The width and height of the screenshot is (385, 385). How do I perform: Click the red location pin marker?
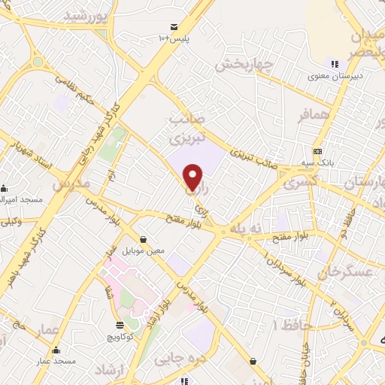click(x=193, y=178)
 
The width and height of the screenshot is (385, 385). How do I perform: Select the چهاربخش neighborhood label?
click(x=242, y=65)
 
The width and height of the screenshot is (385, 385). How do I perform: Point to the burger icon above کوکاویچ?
click(x=120, y=325)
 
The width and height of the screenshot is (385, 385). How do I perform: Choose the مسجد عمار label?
click(x=56, y=362)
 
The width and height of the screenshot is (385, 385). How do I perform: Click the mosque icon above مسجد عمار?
click(x=56, y=350)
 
